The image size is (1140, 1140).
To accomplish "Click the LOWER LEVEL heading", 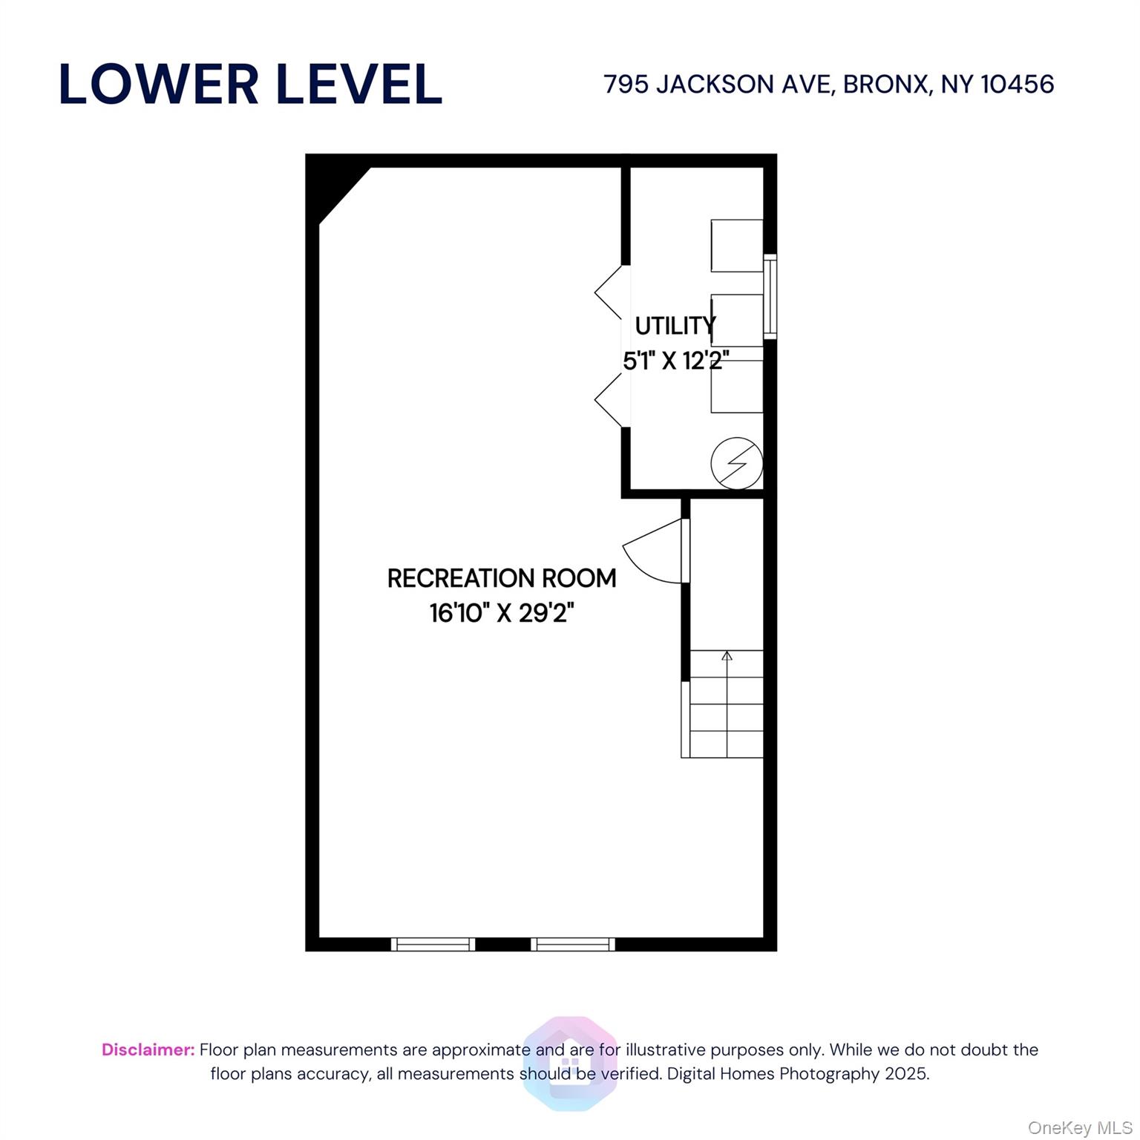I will coord(250,84).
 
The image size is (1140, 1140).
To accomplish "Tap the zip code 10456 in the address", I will coord(1017,85).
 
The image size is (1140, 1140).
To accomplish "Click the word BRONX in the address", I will coord(886,85).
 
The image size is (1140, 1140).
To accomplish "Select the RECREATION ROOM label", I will coord(502,578).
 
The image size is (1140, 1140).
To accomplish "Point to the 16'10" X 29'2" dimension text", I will coord(502,613).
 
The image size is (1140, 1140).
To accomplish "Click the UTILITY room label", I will coord(675,326).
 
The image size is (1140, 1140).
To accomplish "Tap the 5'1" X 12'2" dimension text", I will coord(675,361).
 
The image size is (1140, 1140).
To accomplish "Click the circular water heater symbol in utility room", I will coord(736,463).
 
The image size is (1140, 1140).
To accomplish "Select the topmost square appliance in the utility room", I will coord(736,245).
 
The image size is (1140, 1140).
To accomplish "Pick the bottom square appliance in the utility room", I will coord(736,386).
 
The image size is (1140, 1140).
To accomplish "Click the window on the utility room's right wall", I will coord(770,297).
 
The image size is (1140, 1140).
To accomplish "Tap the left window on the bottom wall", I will coord(433,944).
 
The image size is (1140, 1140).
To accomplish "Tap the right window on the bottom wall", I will coord(572,944).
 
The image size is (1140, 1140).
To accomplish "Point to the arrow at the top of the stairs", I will coord(727,656).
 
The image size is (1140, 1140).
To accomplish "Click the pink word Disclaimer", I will coord(148,1049).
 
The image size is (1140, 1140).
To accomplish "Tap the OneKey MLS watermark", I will coord(1079,1128).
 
